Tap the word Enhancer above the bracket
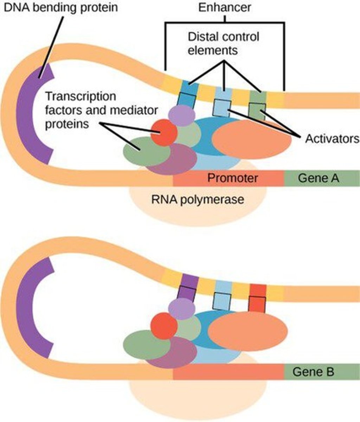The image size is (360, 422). tap(225, 8)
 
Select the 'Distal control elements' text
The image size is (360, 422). tap(223, 43)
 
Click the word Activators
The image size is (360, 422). tap(332, 139)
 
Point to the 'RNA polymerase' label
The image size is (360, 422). tap(197, 200)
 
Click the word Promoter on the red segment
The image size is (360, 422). tap(232, 178)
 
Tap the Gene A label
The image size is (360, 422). tap(318, 178)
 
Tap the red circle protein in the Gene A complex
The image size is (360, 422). tap(164, 133)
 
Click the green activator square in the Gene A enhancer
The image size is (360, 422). tap(257, 111)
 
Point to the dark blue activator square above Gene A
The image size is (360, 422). tap(184, 99)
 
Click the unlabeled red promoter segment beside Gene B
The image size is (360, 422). tap(229, 372)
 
